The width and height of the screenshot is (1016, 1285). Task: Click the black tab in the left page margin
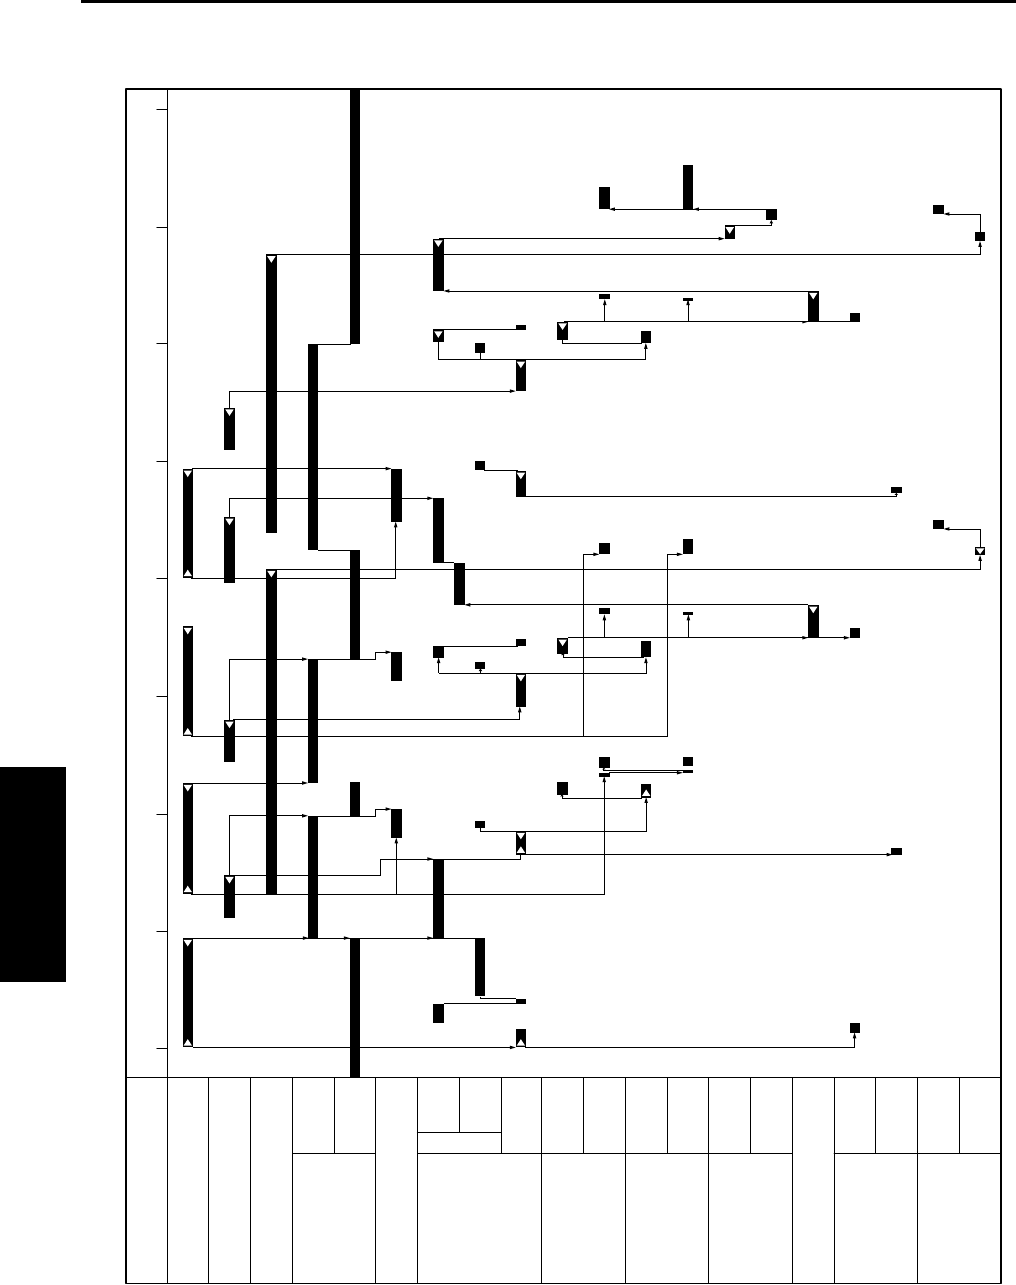[x=33, y=875]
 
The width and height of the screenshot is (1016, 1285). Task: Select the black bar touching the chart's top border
[x=354, y=216]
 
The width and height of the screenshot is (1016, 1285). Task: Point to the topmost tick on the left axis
[x=160, y=110]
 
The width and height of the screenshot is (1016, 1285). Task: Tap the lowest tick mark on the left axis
[x=160, y=1048]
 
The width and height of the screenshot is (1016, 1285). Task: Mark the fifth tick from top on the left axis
[x=160, y=579]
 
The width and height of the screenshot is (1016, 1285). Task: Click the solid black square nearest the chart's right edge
[x=980, y=236]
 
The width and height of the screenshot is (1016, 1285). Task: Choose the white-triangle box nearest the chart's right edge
[x=980, y=551]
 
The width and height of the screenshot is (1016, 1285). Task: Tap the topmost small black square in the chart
[x=938, y=208]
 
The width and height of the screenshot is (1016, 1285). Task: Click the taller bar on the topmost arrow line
[x=688, y=187]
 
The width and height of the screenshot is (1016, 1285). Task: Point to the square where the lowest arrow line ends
[x=855, y=1027]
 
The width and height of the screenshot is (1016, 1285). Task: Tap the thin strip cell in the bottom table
[x=459, y=1142]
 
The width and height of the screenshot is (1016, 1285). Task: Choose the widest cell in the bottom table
[x=479, y=1217]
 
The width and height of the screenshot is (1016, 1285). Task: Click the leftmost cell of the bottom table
[x=147, y=1179]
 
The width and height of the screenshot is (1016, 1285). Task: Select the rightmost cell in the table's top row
[x=980, y=1115]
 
